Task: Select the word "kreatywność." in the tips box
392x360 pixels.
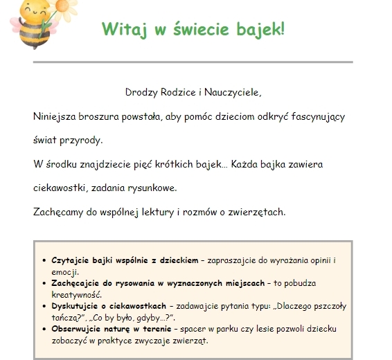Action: click(x=73, y=294)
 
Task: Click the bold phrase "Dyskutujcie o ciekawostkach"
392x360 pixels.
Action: click(x=109, y=305)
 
